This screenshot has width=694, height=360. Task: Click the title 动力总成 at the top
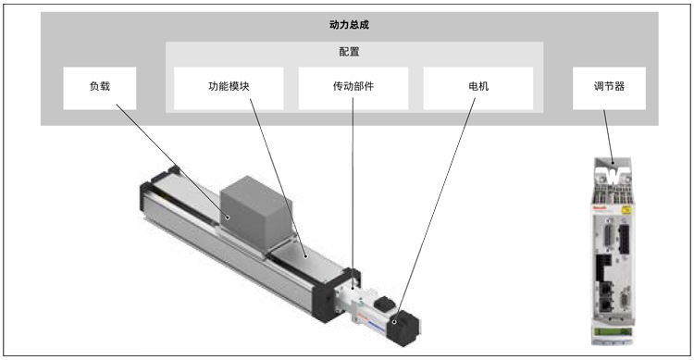(349, 25)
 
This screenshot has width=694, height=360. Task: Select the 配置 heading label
(349, 52)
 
